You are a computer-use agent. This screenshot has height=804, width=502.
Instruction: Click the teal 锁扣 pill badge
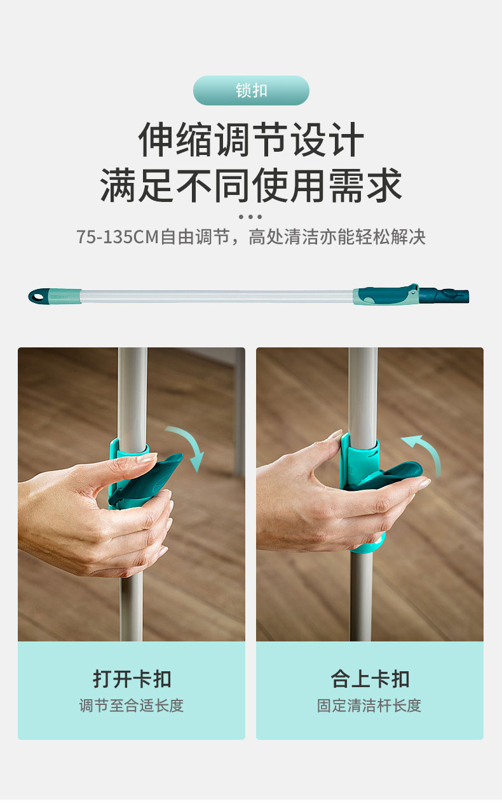point(251,90)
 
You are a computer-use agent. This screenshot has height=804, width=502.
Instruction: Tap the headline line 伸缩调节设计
point(251,140)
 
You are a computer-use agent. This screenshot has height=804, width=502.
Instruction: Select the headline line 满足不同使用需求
point(251,185)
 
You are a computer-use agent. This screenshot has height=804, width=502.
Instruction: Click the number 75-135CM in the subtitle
point(118,237)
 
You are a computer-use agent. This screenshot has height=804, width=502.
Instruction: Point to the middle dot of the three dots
point(250,217)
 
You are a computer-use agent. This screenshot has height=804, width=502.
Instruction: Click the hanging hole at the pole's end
point(37,297)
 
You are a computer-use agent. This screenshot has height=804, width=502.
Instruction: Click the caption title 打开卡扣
point(132,679)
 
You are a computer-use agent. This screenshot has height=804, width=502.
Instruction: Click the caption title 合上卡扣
point(370,679)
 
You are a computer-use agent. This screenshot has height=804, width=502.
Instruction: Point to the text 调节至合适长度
point(132,706)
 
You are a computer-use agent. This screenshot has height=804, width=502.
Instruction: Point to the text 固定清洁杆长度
point(369,706)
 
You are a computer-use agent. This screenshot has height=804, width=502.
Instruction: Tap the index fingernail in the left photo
point(147,457)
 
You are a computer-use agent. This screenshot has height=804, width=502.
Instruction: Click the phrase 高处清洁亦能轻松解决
point(337,237)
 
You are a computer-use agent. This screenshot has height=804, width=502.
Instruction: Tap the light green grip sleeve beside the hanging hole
point(65,296)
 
